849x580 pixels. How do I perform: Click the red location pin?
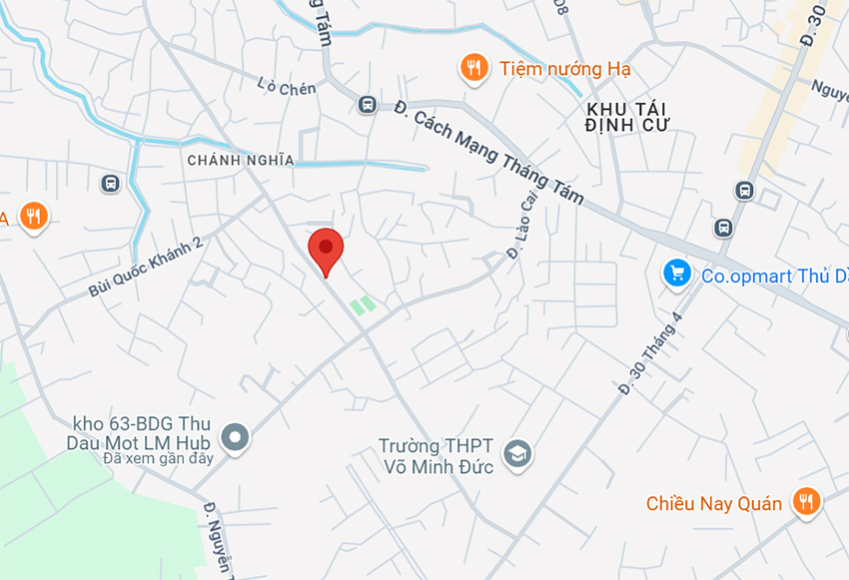click(326, 248)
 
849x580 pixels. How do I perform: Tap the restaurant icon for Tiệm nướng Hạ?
click(473, 68)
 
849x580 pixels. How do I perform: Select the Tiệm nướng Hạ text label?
click(565, 69)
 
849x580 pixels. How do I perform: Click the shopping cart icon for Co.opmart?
click(678, 273)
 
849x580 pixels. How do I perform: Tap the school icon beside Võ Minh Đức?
click(517, 455)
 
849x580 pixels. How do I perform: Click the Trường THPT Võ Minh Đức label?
click(437, 456)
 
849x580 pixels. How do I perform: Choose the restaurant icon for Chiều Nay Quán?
click(806, 501)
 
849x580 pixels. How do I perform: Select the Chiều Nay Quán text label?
click(714, 503)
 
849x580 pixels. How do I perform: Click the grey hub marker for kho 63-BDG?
click(236, 436)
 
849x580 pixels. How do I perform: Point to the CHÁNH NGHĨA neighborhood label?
click(241, 160)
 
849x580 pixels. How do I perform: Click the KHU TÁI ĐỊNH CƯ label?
click(628, 116)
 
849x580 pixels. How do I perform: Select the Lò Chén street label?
click(286, 88)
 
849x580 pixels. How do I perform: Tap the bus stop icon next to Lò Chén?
click(367, 104)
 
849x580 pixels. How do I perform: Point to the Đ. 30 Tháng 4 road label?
click(650, 353)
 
